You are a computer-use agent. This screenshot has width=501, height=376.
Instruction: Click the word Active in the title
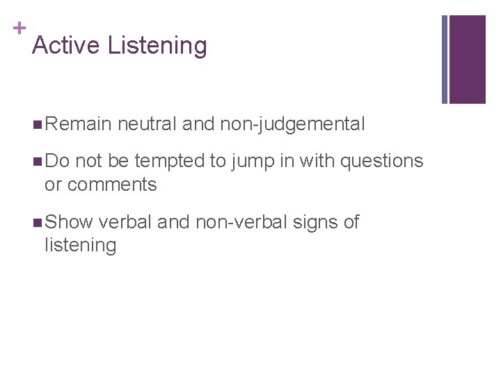pyautogui.click(x=67, y=46)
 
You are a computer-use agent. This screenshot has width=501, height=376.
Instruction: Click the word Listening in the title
pyautogui.click(x=158, y=47)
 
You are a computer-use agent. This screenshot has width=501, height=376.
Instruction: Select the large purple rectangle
pyautogui.click(x=467, y=59)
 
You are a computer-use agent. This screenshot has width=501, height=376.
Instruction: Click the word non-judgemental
pyautogui.click(x=292, y=125)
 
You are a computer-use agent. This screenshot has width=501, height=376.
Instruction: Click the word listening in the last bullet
pyautogui.click(x=80, y=245)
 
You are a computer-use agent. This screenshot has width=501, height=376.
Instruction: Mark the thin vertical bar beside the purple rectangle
pyautogui.click(x=445, y=59)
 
